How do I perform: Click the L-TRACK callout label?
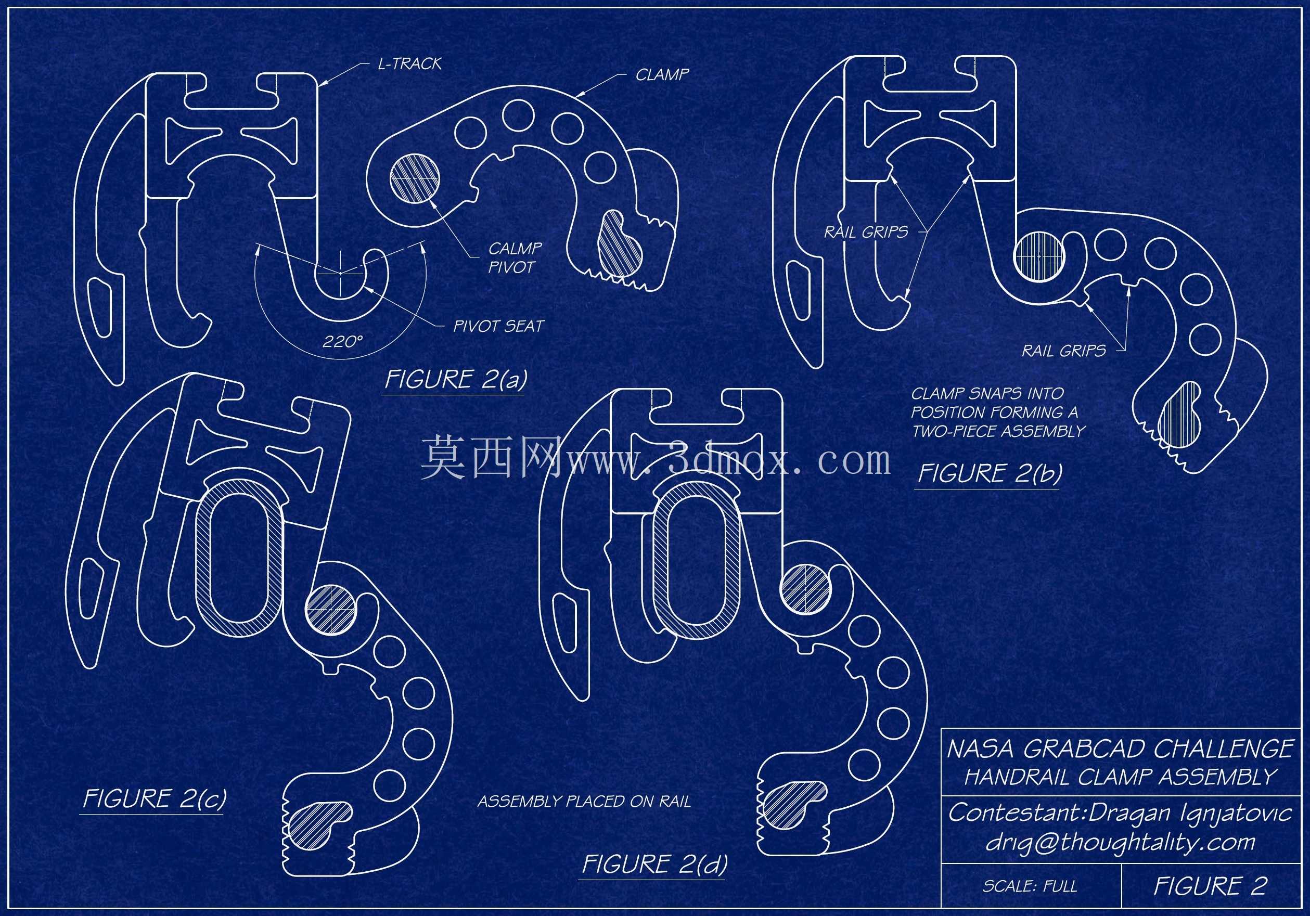(409, 63)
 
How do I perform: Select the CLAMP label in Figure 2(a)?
(662, 74)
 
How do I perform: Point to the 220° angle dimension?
(343, 341)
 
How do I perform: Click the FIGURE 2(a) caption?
(455, 380)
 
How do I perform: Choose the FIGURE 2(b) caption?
(990, 474)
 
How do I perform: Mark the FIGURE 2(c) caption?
(154, 798)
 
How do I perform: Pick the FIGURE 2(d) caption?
(654, 864)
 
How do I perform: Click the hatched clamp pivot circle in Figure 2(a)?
(415, 178)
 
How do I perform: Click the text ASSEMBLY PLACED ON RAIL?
(584, 802)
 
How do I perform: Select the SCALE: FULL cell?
(1030, 886)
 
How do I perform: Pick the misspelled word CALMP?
(515, 248)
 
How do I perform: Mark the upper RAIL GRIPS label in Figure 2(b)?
(866, 232)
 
